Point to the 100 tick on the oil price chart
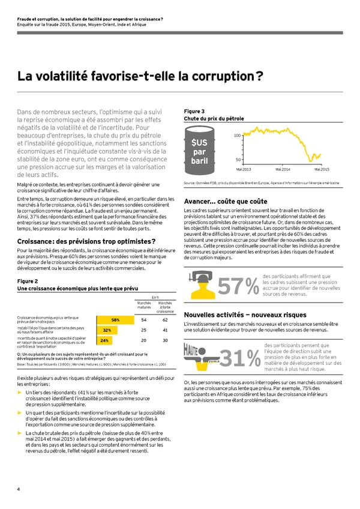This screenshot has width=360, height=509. pyautogui.click(x=238, y=136)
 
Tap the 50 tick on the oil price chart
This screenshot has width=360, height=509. pyautogui.click(x=238, y=160)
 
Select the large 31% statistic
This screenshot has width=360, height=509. pyautogui.click(x=238, y=360)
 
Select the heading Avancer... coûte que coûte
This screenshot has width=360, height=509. pyautogui.click(x=225, y=201)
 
